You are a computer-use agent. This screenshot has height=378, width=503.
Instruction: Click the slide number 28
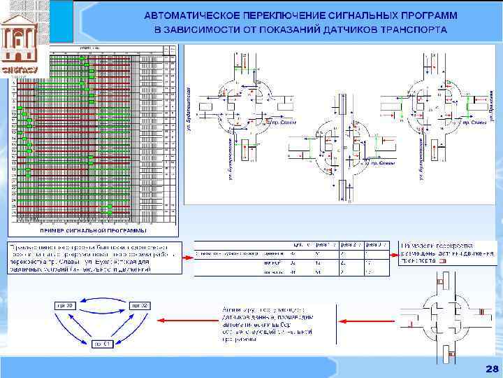point(491,369)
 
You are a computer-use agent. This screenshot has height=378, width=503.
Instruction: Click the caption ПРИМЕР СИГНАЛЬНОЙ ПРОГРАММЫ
point(94,230)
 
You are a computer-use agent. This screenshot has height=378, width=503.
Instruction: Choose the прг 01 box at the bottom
point(101,344)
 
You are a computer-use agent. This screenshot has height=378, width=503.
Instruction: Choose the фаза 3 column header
point(375,245)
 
